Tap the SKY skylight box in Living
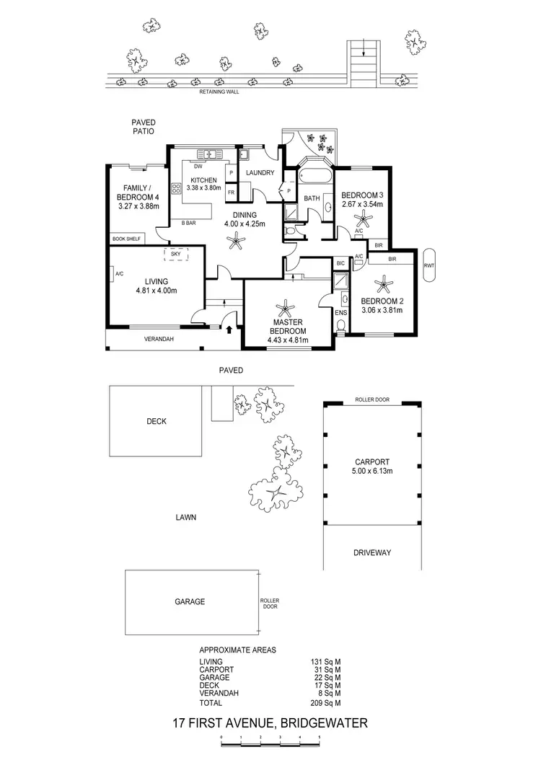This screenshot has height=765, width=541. pos(175,254)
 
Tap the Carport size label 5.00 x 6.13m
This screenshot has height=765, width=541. pos(371,472)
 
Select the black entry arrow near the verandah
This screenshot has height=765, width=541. pos(230,330)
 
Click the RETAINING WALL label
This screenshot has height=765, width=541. pos(220,92)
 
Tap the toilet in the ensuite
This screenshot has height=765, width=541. pos(341,325)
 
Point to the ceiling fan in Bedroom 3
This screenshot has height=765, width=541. pos(362,219)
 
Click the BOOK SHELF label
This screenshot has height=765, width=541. pos(126,239)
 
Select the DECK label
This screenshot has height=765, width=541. pos(157,421)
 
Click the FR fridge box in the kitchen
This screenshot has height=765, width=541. pos(230,193)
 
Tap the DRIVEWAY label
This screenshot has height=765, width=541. pos(372,552)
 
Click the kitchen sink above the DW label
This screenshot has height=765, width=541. pos(209,153)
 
